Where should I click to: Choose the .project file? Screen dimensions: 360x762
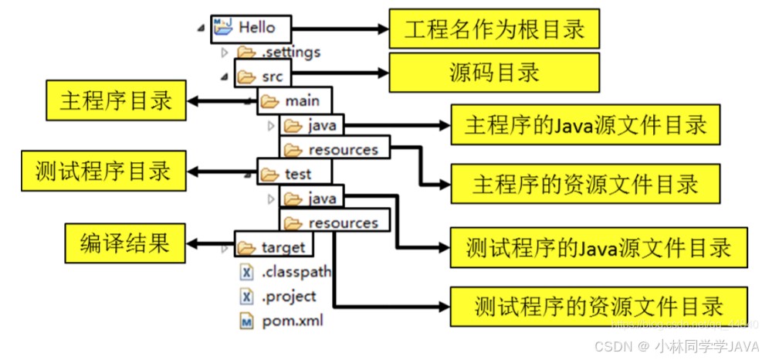pyautogui.click(x=288, y=297)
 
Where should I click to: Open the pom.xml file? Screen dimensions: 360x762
pyautogui.click(x=291, y=320)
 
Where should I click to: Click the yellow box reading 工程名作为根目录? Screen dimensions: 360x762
pyautogui.click(x=494, y=29)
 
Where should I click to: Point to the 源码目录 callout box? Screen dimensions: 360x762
pyautogui.click(x=494, y=73)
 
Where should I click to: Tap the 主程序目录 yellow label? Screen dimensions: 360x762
pyautogui.click(x=116, y=100)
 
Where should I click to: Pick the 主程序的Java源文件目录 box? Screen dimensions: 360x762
pyautogui.click(x=585, y=125)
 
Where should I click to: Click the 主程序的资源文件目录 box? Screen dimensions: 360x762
pyautogui.click(x=585, y=184)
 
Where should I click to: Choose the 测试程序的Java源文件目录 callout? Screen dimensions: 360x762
pyautogui.click(x=598, y=247)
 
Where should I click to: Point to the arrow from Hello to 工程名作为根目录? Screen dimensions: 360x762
pyautogui.click(x=340, y=29)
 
